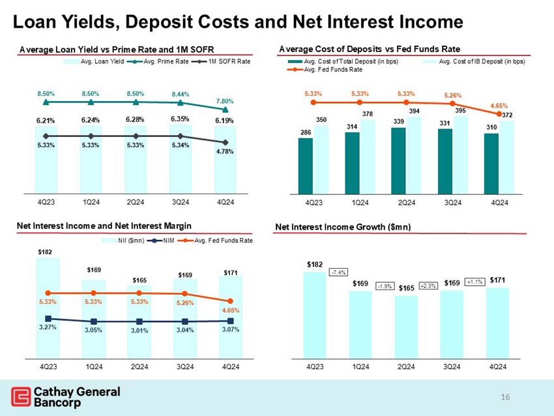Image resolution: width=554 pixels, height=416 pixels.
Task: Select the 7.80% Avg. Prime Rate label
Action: (225, 102)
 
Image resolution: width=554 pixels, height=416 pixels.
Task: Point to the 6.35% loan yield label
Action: (180, 119)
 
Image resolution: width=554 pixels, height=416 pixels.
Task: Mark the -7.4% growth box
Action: (338, 272)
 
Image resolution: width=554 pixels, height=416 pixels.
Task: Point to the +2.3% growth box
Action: (428, 286)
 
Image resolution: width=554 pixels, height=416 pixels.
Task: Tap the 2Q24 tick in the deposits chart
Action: (407, 201)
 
